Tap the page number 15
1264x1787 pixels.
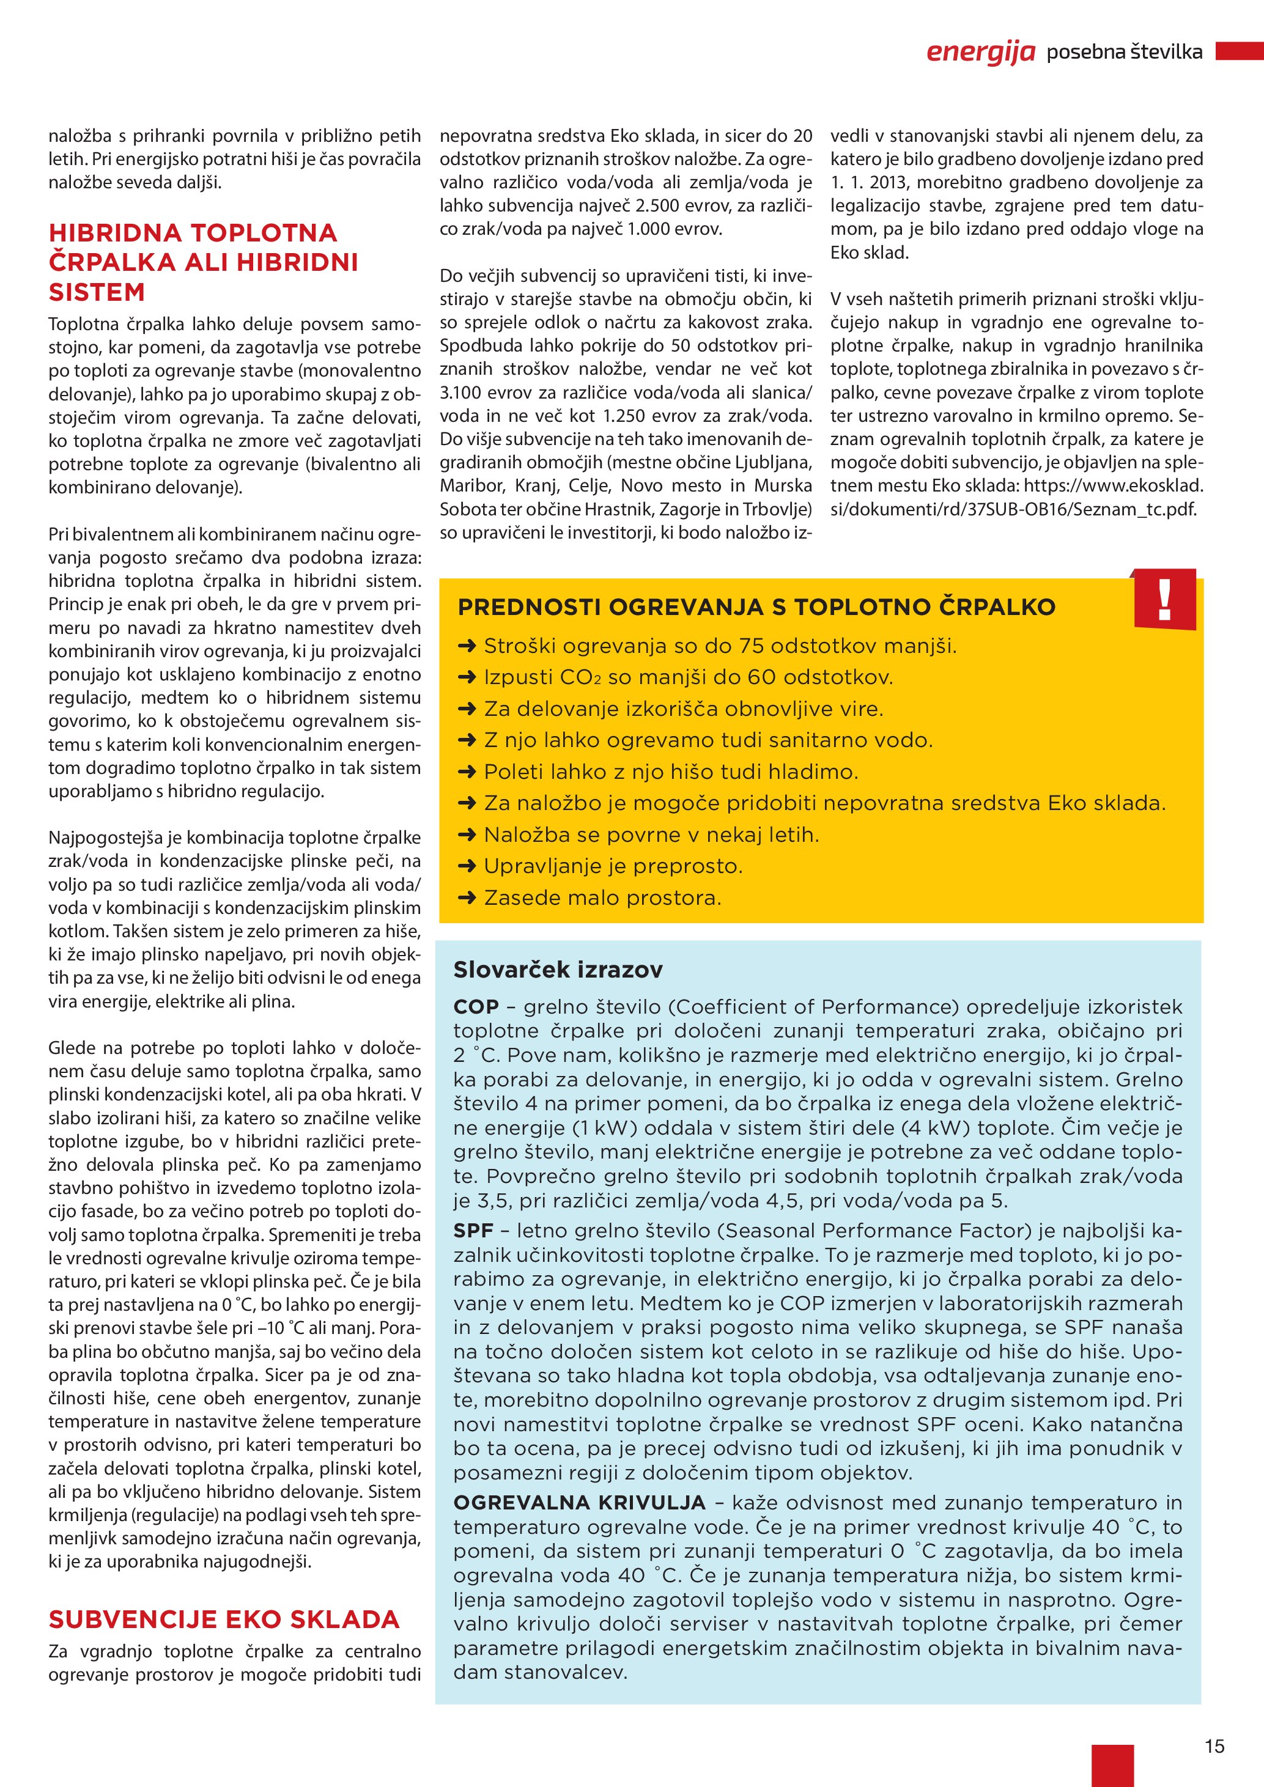[x=1214, y=1747]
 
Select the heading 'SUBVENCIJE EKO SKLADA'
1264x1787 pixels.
[x=223, y=1619]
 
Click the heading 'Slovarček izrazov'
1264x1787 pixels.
[x=557, y=970]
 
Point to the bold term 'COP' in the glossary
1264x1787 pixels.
[x=476, y=1007]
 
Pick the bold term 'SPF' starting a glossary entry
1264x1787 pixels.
[x=473, y=1231]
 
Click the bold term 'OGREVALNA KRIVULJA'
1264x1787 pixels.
[x=579, y=1502]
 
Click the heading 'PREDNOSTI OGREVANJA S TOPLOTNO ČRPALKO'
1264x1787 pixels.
[x=756, y=607]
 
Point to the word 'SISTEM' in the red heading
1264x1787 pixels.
[x=97, y=293]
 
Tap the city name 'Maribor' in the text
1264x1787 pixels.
[x=470, y=485]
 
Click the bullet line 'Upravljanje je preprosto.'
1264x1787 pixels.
[x=613, y=866]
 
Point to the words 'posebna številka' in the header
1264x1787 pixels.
[x=1124, y=52]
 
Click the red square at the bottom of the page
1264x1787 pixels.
[x=1112, y=1765]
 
